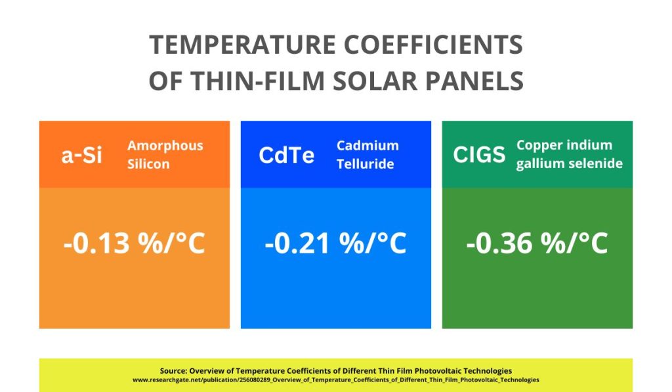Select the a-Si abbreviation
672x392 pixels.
[x=82, y=156]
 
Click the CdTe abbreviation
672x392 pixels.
[x=287, y=156]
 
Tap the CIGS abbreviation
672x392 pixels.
[x=480, y=155]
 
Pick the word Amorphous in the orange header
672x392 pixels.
[x=165, y=146]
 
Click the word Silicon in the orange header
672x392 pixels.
[x=148, y=164]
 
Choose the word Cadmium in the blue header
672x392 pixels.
[x=367, y=146]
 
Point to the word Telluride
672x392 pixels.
[x=366, y=164]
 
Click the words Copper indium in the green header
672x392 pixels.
[x=564, y=145]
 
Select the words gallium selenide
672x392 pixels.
[x=570, y=163]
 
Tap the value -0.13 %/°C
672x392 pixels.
[x=135, y=244]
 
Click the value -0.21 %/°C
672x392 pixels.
[x=336, y=244]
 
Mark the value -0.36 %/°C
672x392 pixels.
[x=537, y=244]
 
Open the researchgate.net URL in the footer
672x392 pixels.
[x=336, y=380]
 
